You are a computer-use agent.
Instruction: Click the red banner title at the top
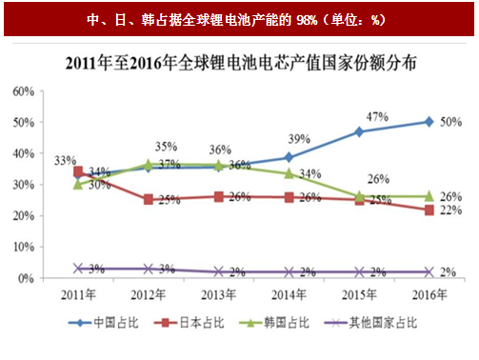click(x=238, y=16)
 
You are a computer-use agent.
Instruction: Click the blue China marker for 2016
click(x=429, y=122)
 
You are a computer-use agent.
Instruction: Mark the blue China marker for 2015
click(x=359, y=131)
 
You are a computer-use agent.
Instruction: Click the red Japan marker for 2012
click(x=149, y=200)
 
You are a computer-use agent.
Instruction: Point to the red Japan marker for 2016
click(x=429, y=210)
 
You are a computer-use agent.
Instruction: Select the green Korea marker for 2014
click(x=289, y=173)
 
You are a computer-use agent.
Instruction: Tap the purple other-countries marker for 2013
click(x=219, y=272)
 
